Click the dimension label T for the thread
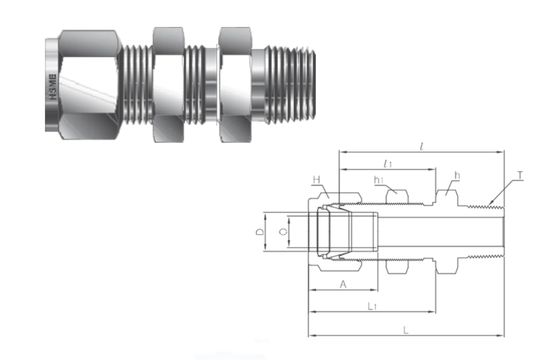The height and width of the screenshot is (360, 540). click(521, 176)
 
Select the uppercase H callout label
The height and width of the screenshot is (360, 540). click(315, 180)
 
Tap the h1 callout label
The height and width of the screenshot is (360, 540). click(380, 180)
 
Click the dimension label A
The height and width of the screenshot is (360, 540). click(344, 284)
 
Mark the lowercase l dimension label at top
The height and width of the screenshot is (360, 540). click(422, 147)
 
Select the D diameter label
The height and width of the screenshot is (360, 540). click(259, 231)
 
